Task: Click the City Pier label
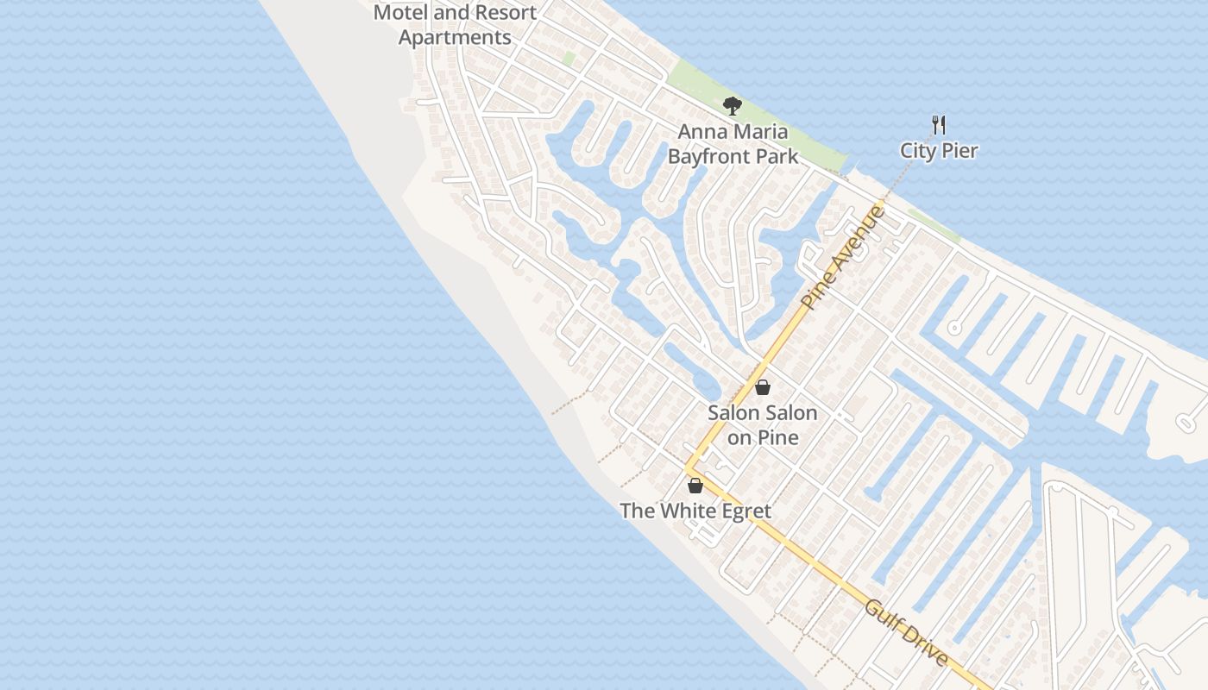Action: [x=939, y=150]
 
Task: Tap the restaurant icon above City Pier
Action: [x=939, y=125]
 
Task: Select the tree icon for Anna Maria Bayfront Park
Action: [x=733, y=106]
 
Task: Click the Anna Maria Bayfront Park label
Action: [x=733, y=144]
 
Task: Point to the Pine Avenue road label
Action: [x=843, y=257]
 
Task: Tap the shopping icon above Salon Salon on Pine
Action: [x=762, y=387]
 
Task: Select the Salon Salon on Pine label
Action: [x=762, y=424]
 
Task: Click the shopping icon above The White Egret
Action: [x=695, y=486]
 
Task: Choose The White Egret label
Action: [x=695, y=511]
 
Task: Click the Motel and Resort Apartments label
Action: [x=455, y=25]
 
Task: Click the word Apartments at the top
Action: [x=455, y=38]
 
